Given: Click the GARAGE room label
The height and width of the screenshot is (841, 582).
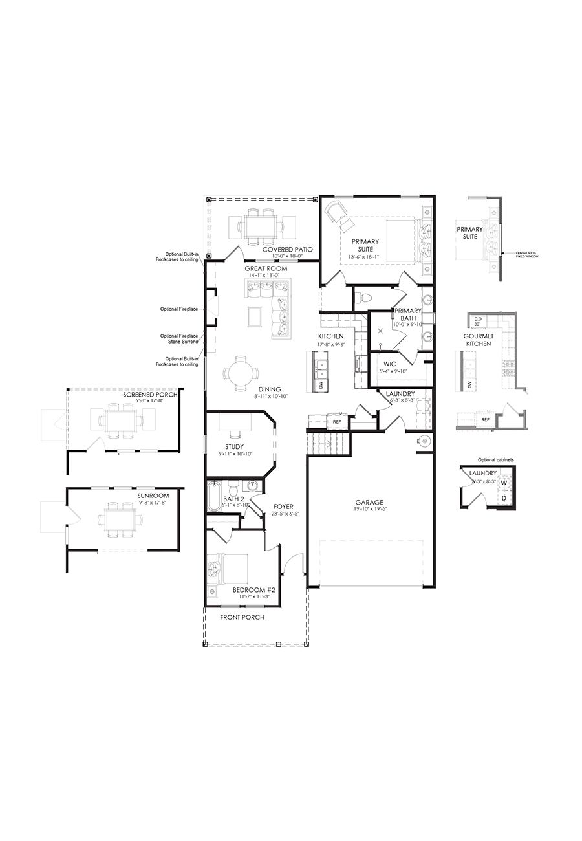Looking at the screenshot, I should [x=369, y=502].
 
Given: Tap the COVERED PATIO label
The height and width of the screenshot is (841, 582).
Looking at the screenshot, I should [x=287, y=249].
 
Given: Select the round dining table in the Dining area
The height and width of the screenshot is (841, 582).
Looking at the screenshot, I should [x=240, y=374].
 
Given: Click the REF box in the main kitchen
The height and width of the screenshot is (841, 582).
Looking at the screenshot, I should [x=337, y=421].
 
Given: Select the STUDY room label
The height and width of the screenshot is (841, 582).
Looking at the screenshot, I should [x=235, y=446].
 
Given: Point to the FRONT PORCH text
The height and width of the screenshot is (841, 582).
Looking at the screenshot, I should [x=242, y=617].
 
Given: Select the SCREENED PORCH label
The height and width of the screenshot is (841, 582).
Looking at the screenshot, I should [x=146, y=393].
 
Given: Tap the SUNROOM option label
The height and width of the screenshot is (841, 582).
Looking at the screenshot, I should [x=153, y=496].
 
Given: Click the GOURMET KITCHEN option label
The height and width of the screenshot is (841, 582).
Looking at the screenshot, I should [x=478, y=340].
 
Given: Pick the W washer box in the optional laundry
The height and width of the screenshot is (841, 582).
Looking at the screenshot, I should [x=503, y=483].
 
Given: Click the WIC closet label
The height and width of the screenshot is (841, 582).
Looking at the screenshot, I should [x=389, y=364].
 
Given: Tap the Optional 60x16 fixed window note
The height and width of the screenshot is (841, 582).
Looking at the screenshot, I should [x=527, y=255].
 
